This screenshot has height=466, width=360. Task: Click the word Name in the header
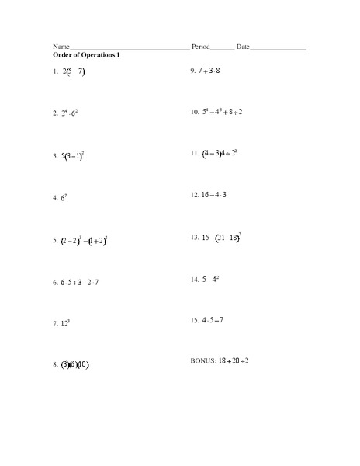click(x=61, y=47)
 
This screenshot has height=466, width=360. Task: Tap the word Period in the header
click(x=200, y=47)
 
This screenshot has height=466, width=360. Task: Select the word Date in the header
click(x=243, y=47)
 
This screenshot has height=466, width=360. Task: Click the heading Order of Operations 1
click(x=86, y=55)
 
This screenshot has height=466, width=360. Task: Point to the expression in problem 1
click(x=74, y=71)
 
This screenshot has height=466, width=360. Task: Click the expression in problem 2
click(x=71, y=113)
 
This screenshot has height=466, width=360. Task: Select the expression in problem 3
click(x=73, y=155)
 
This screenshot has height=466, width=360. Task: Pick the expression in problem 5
click(x=84, y=242)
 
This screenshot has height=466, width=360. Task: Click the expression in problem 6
click(x=81, y=282)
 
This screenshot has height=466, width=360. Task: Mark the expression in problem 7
click(x=66, y=322)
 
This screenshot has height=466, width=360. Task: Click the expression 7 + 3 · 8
click(x=209, y=71)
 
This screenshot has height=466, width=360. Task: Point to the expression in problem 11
click(x=220, y=153)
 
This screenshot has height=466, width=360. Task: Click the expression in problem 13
click(x=223, y=237)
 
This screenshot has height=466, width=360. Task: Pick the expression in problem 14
click(x=210, y=278)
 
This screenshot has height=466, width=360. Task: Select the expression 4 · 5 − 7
click(x=213, y=319)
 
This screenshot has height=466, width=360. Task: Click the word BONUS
click(x=203, y=361)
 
